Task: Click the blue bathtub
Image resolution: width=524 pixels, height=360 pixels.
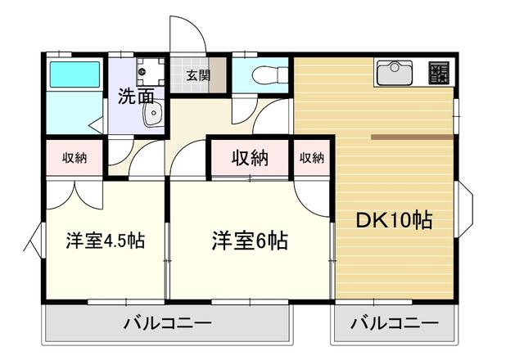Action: (x=74, y=75)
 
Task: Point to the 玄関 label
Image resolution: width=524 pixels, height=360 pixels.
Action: (x=197, y=76)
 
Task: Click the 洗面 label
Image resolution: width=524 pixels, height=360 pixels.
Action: (x=136, y=97)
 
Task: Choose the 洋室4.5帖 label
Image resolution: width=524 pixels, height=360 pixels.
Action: (x=106, y=241)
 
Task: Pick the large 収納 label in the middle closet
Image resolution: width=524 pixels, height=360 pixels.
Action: (x=249, y=158)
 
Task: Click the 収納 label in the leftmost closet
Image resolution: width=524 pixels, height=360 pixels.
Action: (x=75, y=158)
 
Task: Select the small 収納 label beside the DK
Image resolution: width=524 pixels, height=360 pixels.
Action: (x=311, y=158)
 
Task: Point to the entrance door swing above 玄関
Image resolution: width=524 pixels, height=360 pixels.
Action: (x=187, y=37)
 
